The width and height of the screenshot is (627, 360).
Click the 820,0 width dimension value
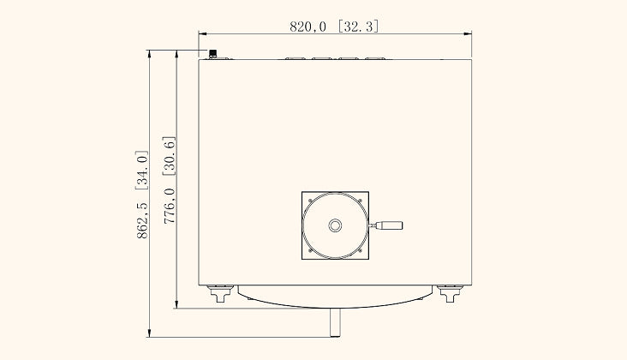click(308, 27)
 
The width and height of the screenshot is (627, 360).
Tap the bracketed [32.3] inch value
click(358, 27)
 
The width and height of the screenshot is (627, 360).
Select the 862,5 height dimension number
click(142, 221)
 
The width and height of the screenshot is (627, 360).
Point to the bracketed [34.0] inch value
click(142, 171)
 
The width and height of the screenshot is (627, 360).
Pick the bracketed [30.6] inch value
click(170, 156)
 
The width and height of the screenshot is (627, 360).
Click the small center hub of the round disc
click(335, 225)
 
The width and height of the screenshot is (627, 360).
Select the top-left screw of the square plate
click(310, 201)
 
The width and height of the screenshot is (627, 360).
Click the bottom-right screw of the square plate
click(360, 250)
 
